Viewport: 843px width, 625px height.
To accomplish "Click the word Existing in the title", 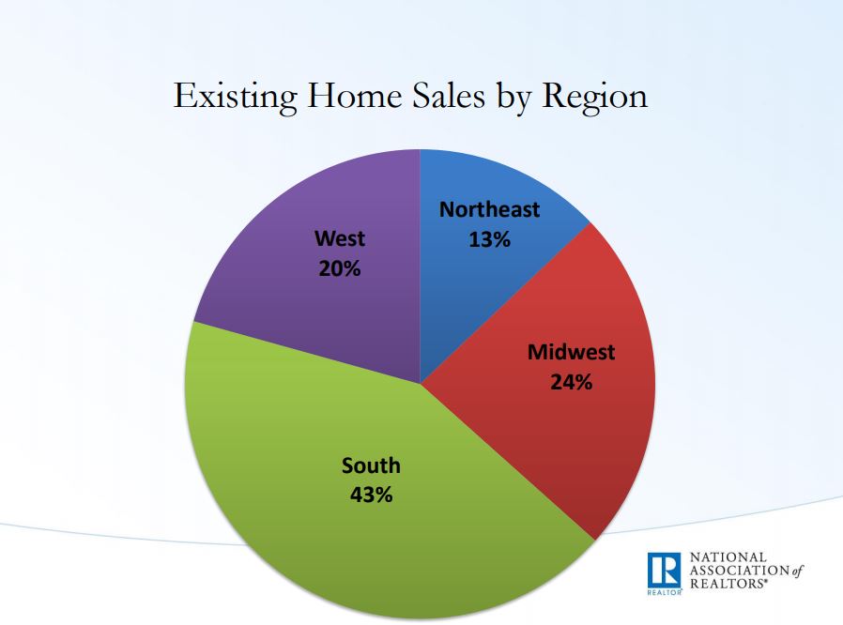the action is (x=235, y=98).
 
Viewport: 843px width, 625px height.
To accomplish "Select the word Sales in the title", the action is (x=449, y=95).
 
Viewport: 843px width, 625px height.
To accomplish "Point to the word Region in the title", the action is (x=594, y=98).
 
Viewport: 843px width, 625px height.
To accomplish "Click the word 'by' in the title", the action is (x=513, y=99).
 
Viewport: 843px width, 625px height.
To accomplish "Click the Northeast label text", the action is (x=489, y=209).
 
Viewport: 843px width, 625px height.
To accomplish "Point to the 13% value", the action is (x=489, y=239).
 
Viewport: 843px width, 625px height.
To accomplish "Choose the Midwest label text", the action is (x=571, y=352).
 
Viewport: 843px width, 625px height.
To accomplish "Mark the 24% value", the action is (x=571, y=382).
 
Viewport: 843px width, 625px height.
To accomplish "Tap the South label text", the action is (x=371, y=465).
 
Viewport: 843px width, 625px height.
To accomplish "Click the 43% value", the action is (x=371, y=495).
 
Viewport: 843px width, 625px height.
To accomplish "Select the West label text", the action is (x=339, y=238).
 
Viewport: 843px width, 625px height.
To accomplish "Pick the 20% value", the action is (x=339, y=268).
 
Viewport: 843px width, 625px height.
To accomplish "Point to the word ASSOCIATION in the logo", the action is (x=739, y=571).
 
